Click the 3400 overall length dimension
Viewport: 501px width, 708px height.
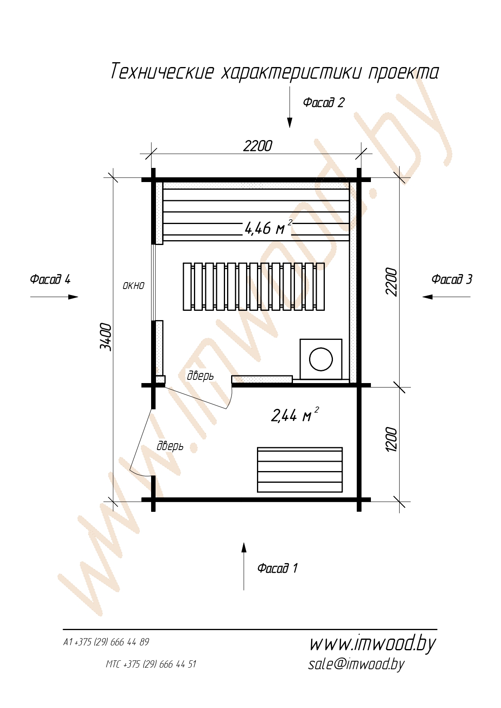(105, 336)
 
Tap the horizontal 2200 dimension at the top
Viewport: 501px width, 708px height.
(257, 146)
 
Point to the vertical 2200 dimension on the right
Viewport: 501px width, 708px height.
(392, 281)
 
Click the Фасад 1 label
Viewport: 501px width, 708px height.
(278, 568)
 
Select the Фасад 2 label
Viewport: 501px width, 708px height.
(324, 103)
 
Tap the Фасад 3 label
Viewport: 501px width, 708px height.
(452, 279)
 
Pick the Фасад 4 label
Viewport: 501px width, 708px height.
(50, 279)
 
